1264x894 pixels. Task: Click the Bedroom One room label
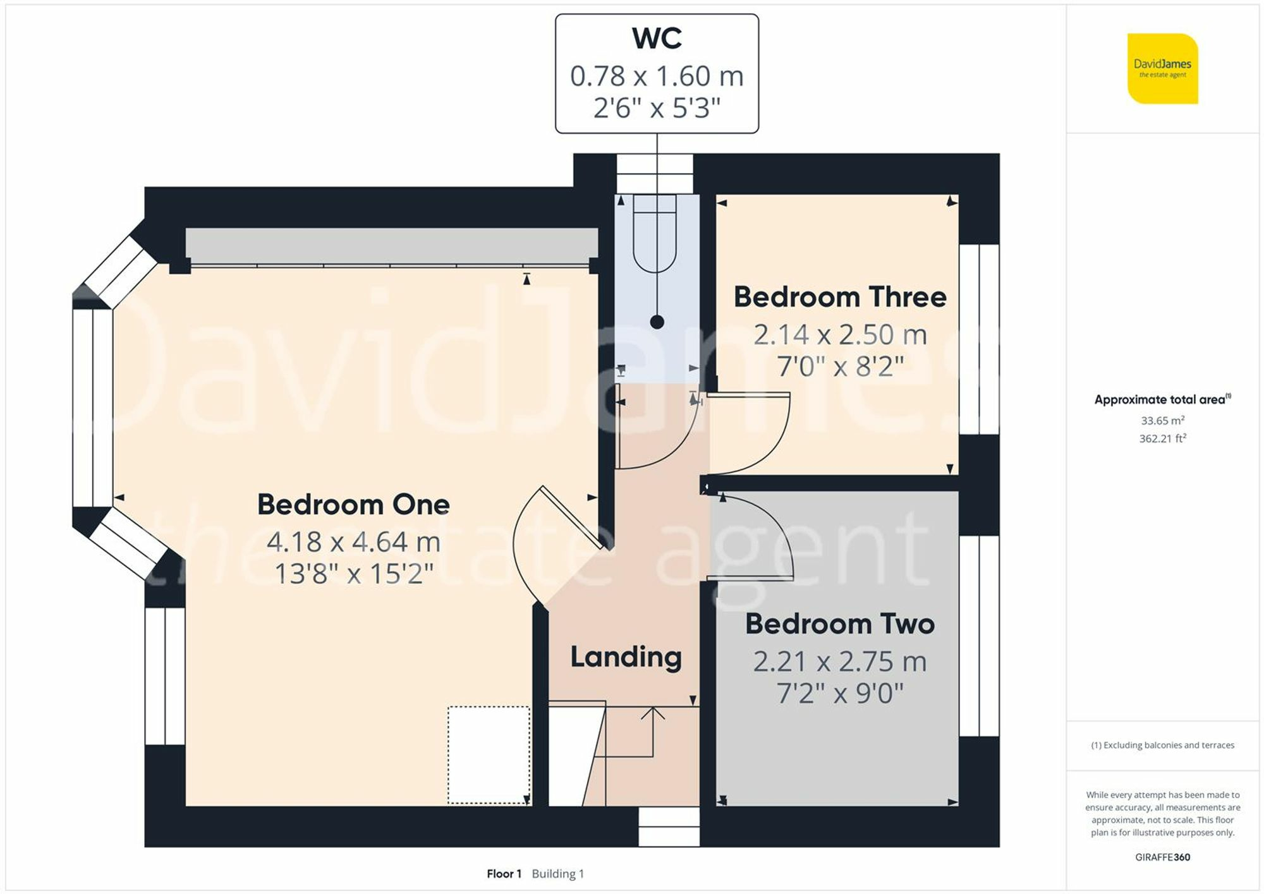(x=353, y=505)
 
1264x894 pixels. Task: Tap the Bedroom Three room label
(x=840, y=297)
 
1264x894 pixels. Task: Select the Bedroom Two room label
(x=840, y=624)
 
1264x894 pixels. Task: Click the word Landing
(x=626, y=657)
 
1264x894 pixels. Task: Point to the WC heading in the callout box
(x=657, y=39)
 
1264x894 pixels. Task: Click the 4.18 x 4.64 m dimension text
(x=353, y=542)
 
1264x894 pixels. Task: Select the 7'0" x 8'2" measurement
(x=840, y=366)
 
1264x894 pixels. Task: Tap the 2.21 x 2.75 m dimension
(x=840, y=662)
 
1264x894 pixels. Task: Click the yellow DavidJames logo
(x=1162, y=68)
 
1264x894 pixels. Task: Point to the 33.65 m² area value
(x=1162, y=420)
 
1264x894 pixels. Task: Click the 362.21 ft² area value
(x=1162, y=438)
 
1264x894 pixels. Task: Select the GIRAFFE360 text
(x=1162, y=857)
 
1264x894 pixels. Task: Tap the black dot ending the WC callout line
(x=657, y=322)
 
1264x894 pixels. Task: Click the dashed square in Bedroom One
(x=489, y=755)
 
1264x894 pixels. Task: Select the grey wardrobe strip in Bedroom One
(x=391, y=246)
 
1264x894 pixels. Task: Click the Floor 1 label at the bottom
(x=504, y=874)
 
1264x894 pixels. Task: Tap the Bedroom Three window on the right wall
(x=979, y=339)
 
